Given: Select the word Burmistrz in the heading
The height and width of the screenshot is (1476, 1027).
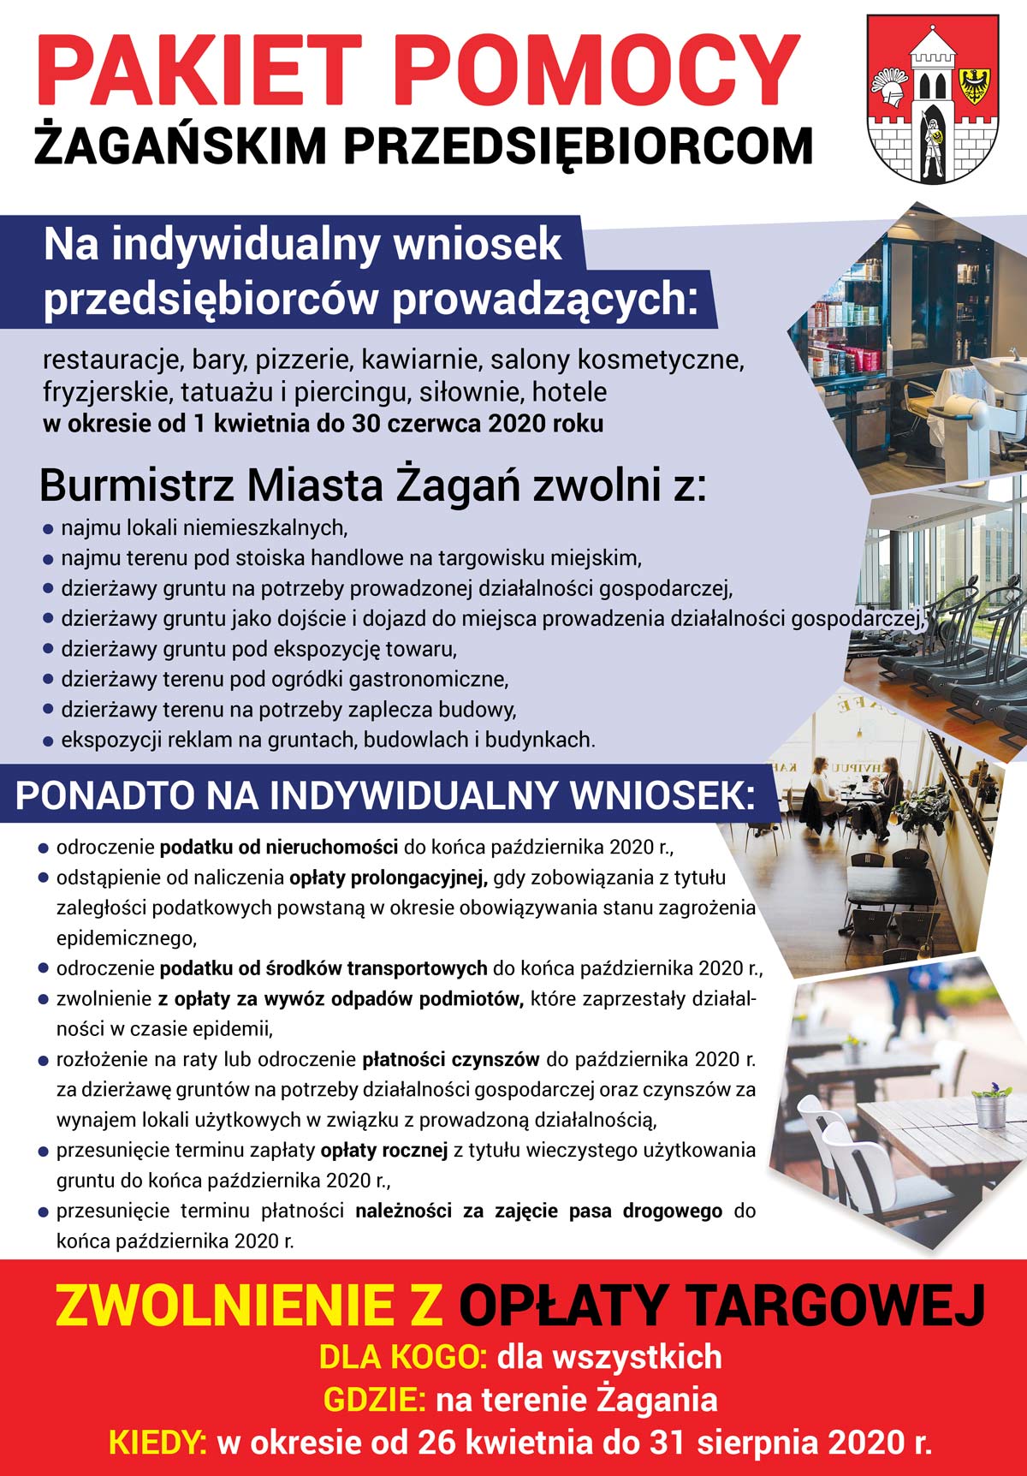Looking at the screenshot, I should pos(137,485).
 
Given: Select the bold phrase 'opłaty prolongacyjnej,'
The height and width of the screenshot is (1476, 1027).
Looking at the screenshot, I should pos(389,878).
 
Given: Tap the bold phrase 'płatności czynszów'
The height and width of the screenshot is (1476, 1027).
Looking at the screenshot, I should pos(451,1060).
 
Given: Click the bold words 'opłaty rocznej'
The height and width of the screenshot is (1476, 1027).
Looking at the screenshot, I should pos(384,1151).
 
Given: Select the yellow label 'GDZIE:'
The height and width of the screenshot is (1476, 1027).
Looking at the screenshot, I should pos(375,1400).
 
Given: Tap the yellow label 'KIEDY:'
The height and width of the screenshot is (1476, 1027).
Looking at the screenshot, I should pos(158,1443).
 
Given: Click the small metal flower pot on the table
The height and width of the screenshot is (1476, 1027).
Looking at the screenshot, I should pos(993,1109).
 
